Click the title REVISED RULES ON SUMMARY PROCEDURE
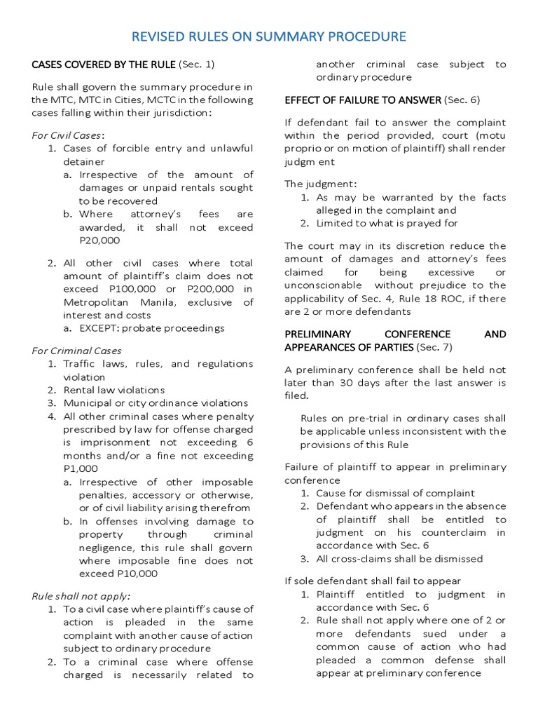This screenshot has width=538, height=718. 269,36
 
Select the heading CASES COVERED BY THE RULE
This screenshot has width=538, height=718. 104,65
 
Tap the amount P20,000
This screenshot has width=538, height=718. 99,241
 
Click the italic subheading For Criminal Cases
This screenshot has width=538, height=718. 77,351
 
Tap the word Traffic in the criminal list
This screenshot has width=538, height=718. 83,364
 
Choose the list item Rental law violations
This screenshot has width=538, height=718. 114,390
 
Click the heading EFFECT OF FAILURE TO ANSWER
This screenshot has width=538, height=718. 362,100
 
